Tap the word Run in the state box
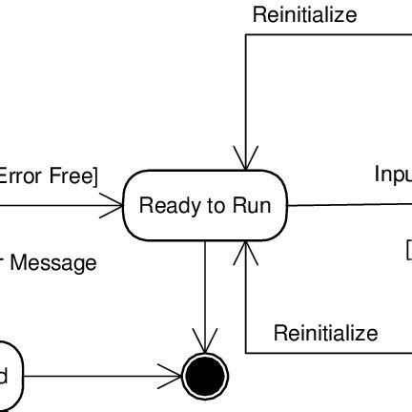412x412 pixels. click(252, 205)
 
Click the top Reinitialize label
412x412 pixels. click(304, 14)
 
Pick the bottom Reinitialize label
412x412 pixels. click(325, 333)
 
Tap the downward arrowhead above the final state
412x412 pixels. click(205, 342)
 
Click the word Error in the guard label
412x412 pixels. click(17, 175)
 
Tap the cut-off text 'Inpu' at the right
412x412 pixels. click(392, 175)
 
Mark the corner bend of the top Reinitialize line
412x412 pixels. click(246, 35)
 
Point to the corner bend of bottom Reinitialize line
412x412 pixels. click(246, 352)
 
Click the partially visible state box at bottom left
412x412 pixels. click(8, 377)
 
